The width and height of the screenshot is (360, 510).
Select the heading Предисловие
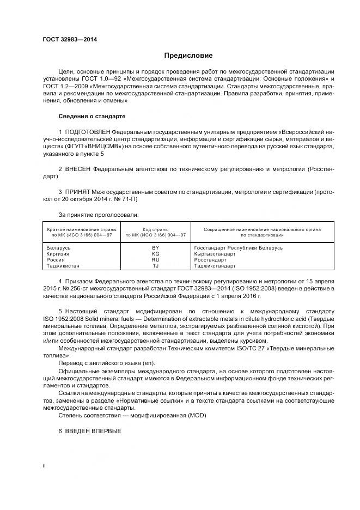pos(188,56)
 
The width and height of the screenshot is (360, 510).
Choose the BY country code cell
pos(155,248)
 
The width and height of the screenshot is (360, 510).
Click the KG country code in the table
pos(155,254)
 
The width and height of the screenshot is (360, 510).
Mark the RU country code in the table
pos(155,260)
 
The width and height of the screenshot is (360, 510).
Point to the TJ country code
pos(155,266)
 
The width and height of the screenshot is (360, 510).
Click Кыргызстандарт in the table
pos(215,254)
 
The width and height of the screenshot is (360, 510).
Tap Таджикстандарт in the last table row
pos(215,266)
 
